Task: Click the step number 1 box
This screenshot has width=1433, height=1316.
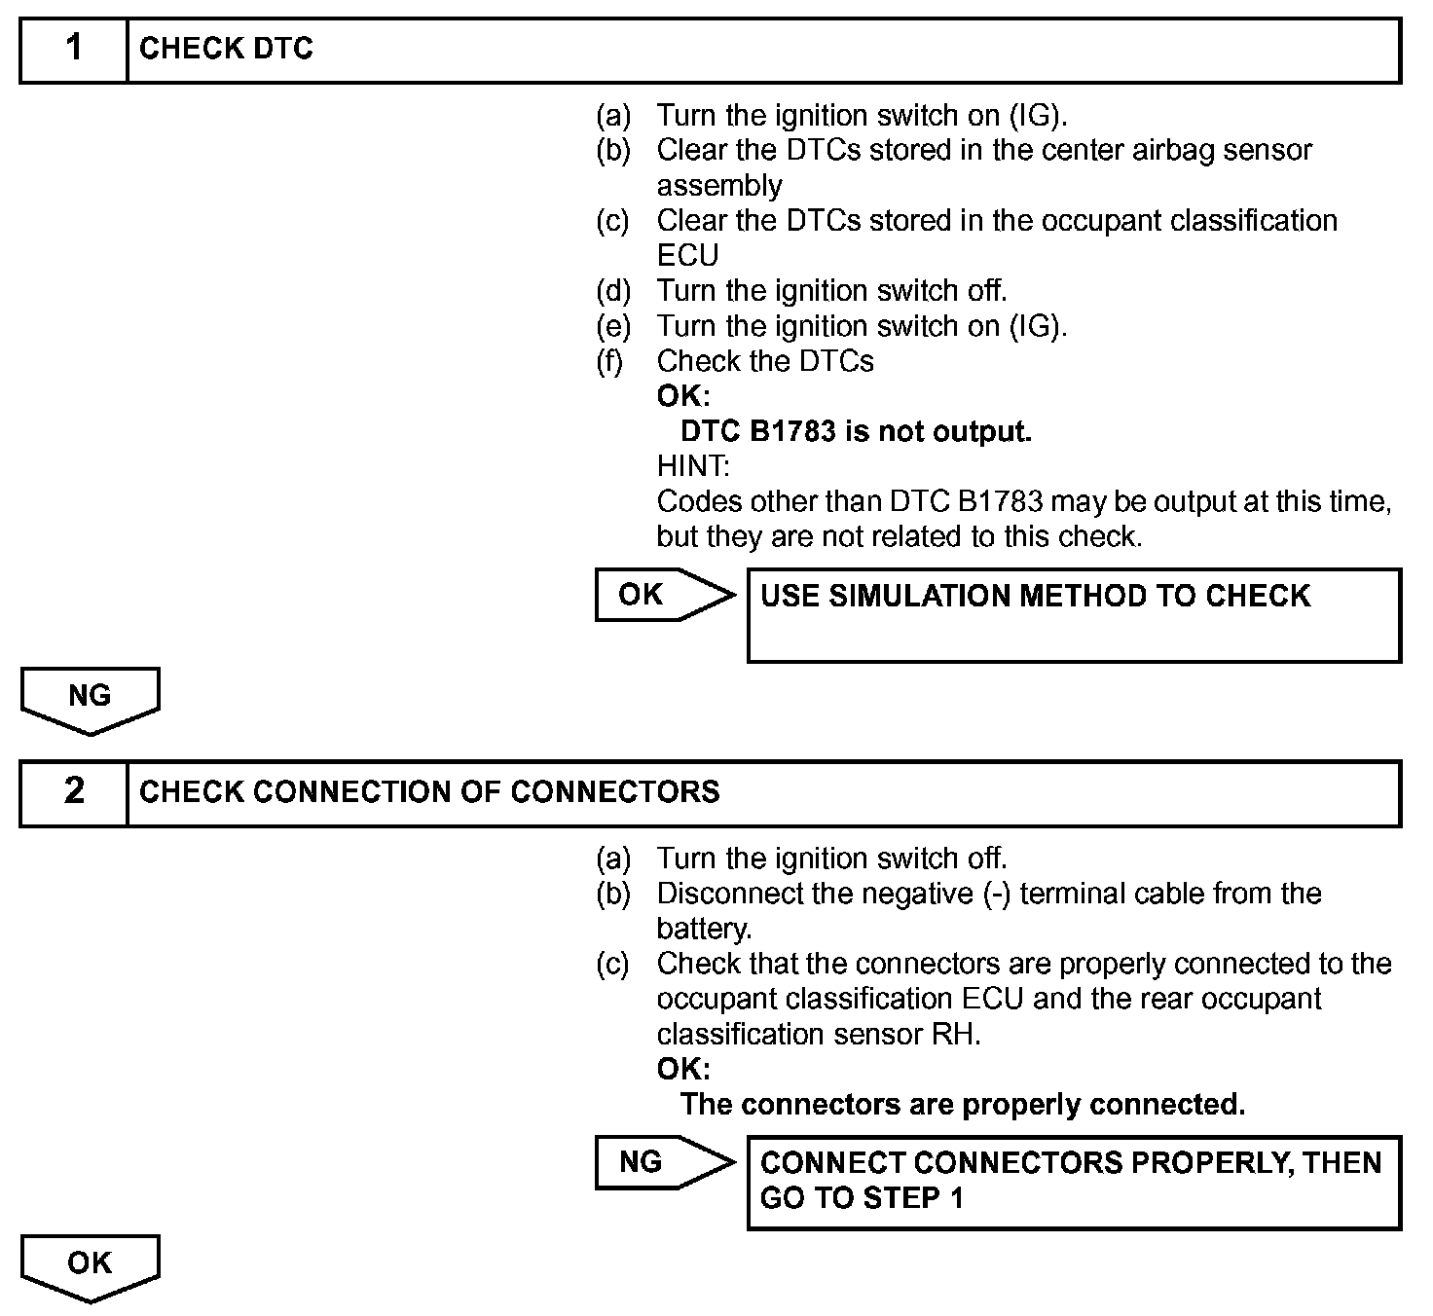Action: pos(74,49)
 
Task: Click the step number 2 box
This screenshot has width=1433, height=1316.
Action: pos(74,791)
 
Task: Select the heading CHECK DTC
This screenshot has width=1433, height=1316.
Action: pos(226,49)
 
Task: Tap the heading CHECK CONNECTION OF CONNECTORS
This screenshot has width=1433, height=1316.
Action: pos(429,791)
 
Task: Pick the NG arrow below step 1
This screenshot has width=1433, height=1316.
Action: pos(90,699)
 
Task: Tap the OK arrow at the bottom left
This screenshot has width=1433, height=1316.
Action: pos(90,1266)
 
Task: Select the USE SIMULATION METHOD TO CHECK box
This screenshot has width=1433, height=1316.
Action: pos(1073,615)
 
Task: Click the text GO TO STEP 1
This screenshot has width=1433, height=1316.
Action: pos(862,1198)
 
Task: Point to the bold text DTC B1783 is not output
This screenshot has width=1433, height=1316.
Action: pos(856,431)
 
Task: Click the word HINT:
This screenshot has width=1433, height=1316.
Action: pos(693,466)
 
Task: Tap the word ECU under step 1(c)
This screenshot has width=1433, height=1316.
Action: pos(687,256)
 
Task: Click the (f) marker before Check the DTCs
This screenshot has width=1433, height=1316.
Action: pos(611,361)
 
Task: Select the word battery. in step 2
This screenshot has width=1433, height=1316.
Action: pos(704,929)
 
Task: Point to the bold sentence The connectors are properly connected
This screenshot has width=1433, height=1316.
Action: pos(962,1105)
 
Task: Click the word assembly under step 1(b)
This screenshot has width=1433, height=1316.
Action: pos(719,186)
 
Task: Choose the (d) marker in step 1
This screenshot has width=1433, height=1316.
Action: pos(613,291)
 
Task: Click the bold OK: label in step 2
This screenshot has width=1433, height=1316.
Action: pos(683,1070)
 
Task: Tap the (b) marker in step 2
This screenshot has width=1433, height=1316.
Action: pos(613,894)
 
